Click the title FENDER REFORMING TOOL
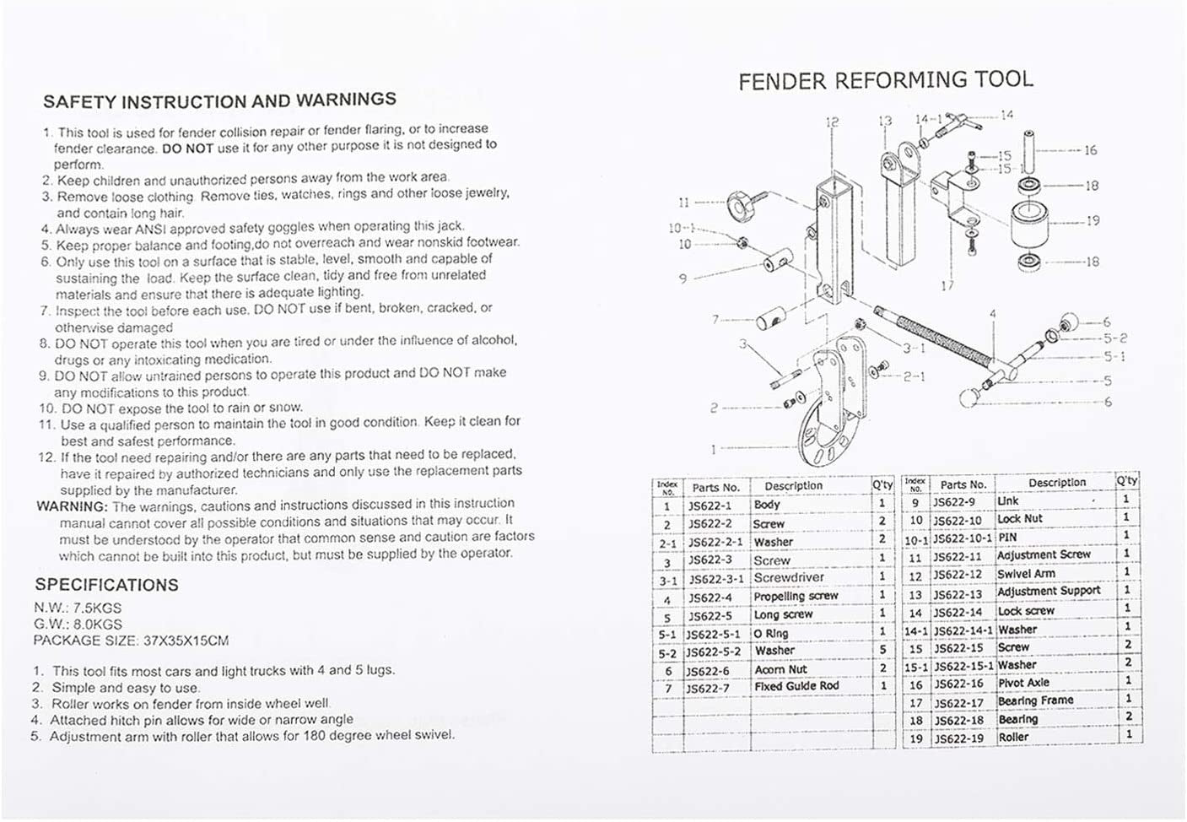[885, 81]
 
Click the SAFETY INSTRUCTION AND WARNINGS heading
[219, 100]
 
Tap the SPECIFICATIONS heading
[106, 585]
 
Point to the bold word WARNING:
[73, 506]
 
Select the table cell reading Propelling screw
[796, 596]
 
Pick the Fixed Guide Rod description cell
[796, 686]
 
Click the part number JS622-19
[958, 738]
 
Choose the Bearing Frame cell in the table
[1035, 700]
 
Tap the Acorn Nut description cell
[780, 669]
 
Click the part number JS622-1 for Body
[710, 506]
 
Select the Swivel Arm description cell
[1026, 573]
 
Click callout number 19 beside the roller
[1093, 221]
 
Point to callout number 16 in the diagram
[1090, 150]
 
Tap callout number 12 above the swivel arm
[832, 122]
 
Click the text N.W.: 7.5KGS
[78, 608]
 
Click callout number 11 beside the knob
[683, 203]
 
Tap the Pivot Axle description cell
[1023, 683]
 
